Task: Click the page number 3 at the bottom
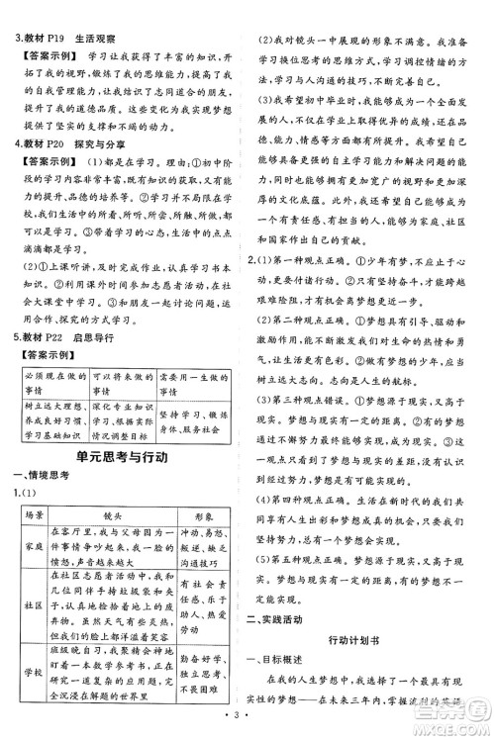247,727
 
